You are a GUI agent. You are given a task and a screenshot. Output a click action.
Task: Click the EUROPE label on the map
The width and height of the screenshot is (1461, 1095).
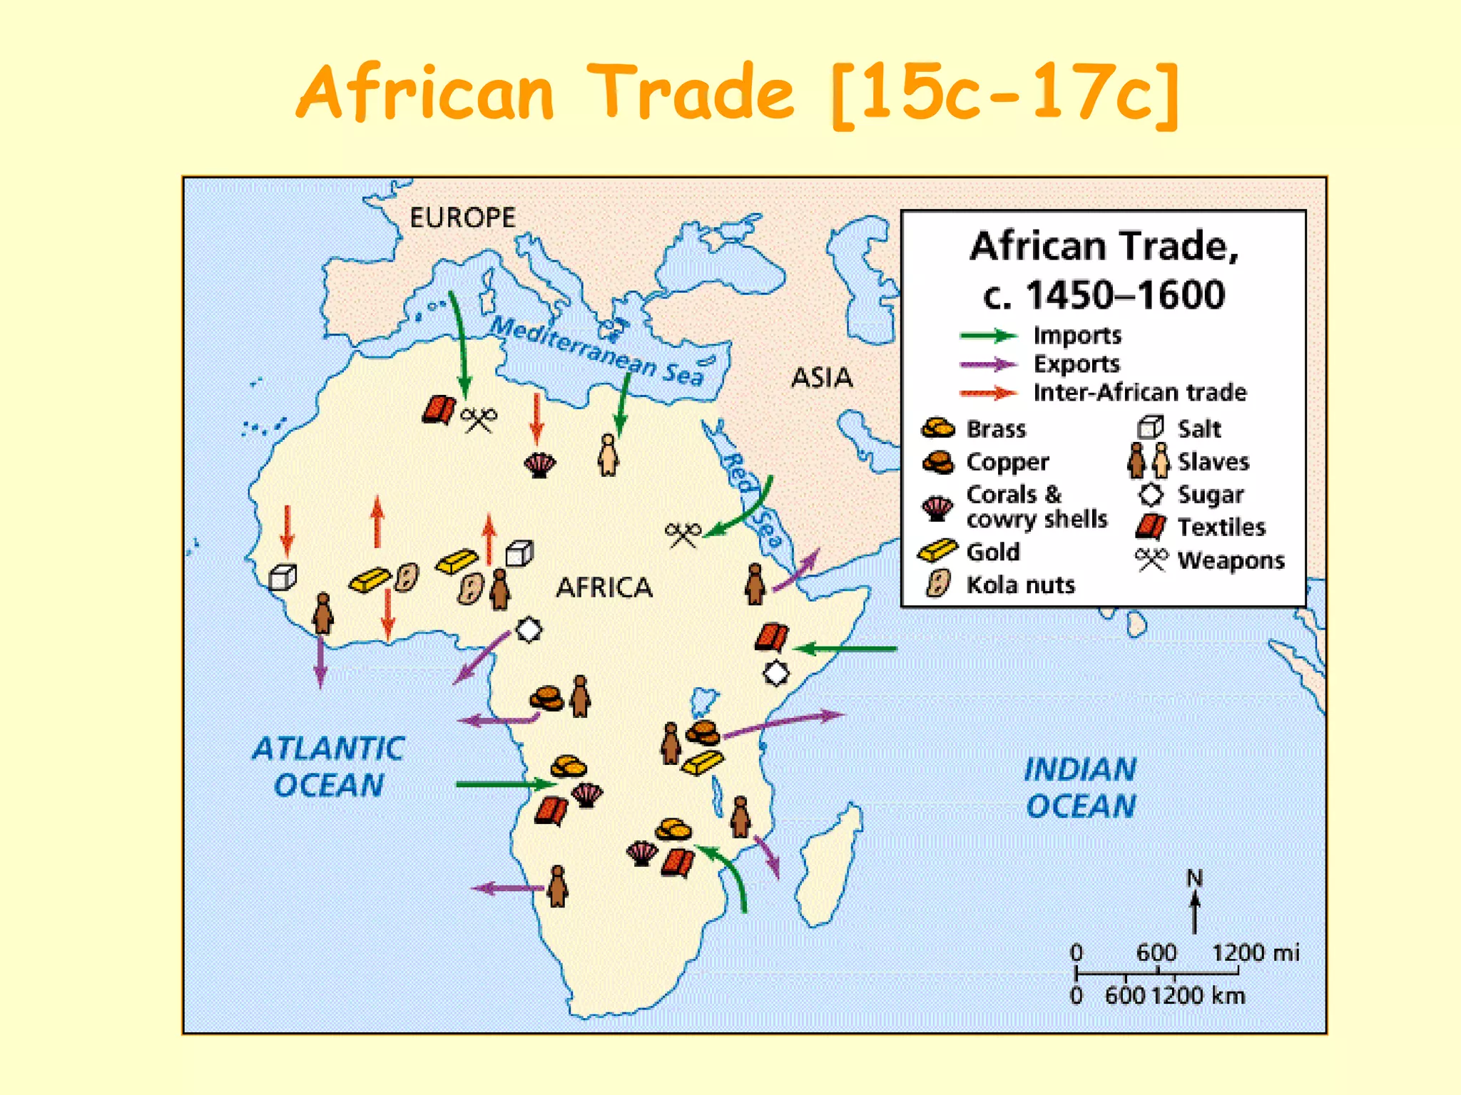pyautogui.click(x=462, y=217)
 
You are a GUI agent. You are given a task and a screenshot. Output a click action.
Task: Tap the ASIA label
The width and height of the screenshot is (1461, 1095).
pyautogui.click(x=822, y=377)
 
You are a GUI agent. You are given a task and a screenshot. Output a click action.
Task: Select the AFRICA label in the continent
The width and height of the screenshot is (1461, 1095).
pyautogui.click(x=604, y=587)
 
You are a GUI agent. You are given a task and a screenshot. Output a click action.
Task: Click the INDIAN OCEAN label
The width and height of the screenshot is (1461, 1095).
pyautogui.click(x=1080, y=788)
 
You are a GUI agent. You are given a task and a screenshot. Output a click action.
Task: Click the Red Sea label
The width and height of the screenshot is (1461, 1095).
pyautogui.click(x=753, y=499)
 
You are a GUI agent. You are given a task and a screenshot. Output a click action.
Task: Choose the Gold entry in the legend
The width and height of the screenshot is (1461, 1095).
pyautogui.click(x=992, y=552)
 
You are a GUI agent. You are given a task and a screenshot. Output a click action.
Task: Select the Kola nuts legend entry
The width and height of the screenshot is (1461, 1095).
pyautogui.click(x=1019, y=585)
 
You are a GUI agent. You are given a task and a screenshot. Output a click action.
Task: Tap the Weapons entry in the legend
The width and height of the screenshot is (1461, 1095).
pyautogui.click(x=1231, y=560)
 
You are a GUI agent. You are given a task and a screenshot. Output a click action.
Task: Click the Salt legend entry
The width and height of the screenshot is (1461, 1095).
pyautogui.click(x=1198, y=428)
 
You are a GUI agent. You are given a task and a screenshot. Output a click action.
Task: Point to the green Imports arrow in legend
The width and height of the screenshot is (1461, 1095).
pyautogui.click(x=989, y=336)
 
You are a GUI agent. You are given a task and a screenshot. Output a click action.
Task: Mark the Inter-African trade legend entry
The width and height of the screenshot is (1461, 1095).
pyautogui.click(x=1139, y=392)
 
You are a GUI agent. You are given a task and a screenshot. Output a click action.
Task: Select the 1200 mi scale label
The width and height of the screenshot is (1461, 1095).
pyautogui.click(x=1256, y=952)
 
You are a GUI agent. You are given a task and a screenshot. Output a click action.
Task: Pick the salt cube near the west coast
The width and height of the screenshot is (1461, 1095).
pyautogui.click(x=282, y=577)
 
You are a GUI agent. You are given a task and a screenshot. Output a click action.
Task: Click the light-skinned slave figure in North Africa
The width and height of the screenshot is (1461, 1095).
pyautogui.click(x=608, y=454)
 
